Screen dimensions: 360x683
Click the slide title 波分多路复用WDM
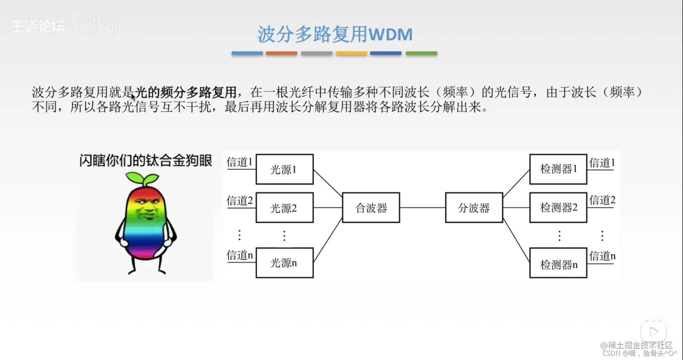335,34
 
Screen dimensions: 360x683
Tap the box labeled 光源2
284,208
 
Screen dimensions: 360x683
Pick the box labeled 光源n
284,262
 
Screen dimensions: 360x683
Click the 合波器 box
371,208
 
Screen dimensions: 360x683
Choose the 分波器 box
473,208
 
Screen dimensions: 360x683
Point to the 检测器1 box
558,169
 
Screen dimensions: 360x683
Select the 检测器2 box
558,208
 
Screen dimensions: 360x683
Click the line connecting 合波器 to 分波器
422,208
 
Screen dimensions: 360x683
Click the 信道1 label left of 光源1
239,162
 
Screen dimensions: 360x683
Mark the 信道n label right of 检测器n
602,256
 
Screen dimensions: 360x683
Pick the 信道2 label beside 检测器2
602,200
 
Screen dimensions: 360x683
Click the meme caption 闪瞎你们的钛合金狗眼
145,161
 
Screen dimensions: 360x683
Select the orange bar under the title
281,53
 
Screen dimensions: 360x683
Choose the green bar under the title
421,53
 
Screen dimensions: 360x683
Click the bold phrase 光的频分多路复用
186,93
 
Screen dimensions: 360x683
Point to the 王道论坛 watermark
37,26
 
